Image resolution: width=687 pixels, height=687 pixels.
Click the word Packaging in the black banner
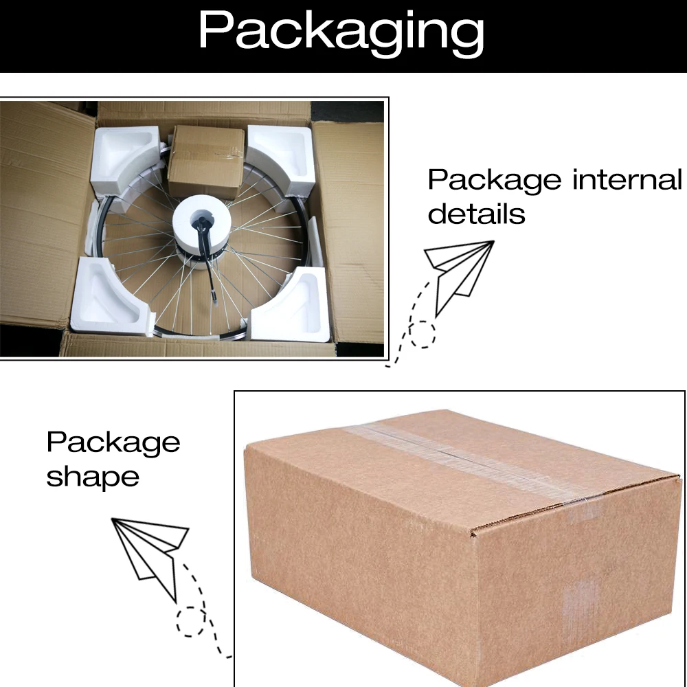pyautogui.click(x=341, y=32)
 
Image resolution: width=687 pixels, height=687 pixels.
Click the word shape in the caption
pyautogui.click(x=93, y=476)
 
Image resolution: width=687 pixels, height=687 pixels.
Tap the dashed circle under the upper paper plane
pyautogui.click(x=423, y=334)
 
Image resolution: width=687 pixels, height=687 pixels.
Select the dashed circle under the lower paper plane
pyautogui.click(x=191, y=622)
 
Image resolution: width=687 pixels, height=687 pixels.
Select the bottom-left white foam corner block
pyautogui.click(x=110, y=295)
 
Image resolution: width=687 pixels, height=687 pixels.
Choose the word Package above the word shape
pyautogui.click(x=113, y=442)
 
